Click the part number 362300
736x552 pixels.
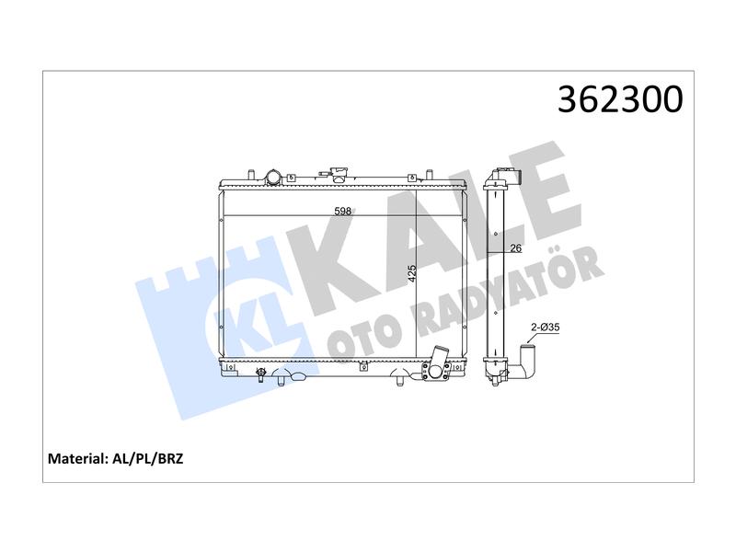pos(620,99)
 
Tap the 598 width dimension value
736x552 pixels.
pos(342,212)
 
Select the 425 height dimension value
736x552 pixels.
pos(411,273)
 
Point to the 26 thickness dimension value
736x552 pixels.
pos(515,248)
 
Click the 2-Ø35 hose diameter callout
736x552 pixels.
pos(545,328)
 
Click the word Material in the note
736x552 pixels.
pos(78,458)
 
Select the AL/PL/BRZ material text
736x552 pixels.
pos(148,458)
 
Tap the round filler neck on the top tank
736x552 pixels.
pos(272,177)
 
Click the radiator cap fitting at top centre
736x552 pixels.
pos(338,173)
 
